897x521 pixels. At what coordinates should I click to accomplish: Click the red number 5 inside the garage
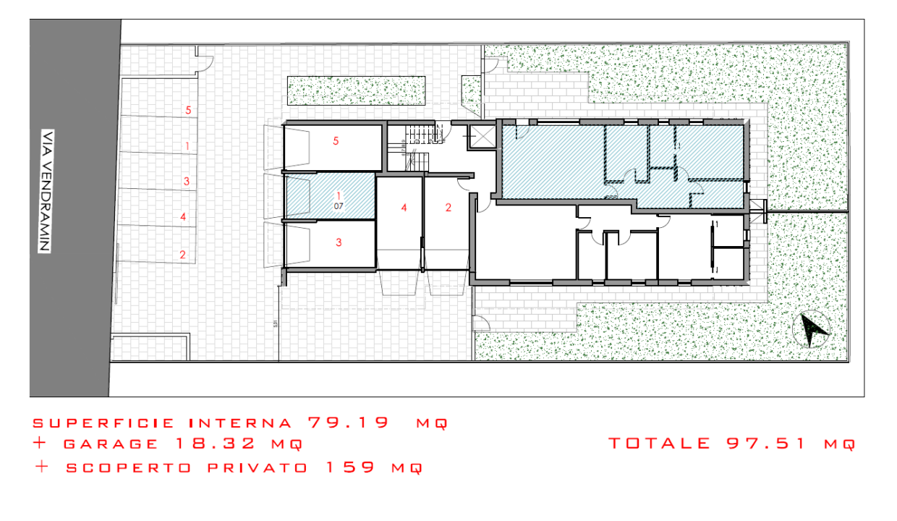click(336, 141)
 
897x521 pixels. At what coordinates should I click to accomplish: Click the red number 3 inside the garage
click(339, 242)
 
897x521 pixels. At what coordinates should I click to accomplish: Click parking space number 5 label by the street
click(188, 110)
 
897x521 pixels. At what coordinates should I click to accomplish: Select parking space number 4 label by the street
click(184, 216)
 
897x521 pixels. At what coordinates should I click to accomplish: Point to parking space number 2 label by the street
click(182, 254)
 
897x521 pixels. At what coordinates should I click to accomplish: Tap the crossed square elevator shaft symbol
click(480, 135)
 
